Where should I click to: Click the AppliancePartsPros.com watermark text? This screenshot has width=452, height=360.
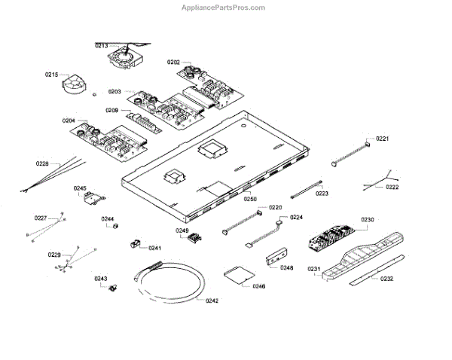pyautogui.click(x=224, y=8)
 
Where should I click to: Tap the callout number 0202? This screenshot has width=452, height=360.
pyautogui.click(x=173, y=62)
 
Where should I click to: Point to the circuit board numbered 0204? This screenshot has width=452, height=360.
pyautogui.click(x=105, y=139)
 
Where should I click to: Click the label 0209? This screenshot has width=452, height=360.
pyautogui.click(x=111, y=110)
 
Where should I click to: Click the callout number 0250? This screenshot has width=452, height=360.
pyautogui.click(x=250, y=199)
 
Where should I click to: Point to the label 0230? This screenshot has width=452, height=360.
pyautogui.click(x=367, y=220)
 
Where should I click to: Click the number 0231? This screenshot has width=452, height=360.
pyautogui.click(x=313, y=269)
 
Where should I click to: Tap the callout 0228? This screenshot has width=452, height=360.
pyautogui.click(x=42, y=163)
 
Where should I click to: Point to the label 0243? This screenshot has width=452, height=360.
pyautogui.click(x=101, y=279)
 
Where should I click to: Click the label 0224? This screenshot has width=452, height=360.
pyautogui.click(x=296, y=217)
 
